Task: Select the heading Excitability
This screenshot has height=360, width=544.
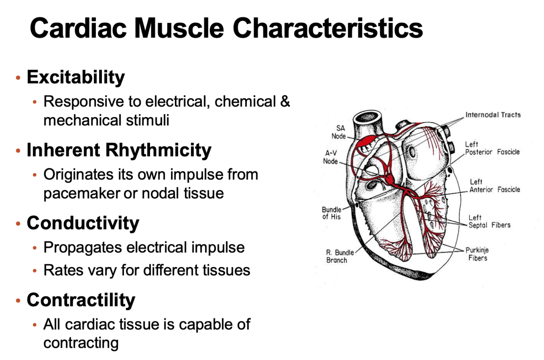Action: click(76, 77)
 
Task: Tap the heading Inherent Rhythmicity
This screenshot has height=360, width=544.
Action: click(119, 150)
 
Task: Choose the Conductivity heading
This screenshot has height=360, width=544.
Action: click(83, 223)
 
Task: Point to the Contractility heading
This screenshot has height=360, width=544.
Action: click(81, 300)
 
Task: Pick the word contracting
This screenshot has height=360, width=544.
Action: click(81, 343)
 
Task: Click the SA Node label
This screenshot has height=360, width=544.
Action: click(339, 132)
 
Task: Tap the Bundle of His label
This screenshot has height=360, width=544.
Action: click(331, 213)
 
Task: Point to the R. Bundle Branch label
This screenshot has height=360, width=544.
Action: click(338, 256)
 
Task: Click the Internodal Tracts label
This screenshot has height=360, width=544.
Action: click(493, 115)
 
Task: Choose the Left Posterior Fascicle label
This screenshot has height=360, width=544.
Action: click(492, 148)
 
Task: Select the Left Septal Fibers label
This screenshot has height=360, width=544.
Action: click(489, 221)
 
